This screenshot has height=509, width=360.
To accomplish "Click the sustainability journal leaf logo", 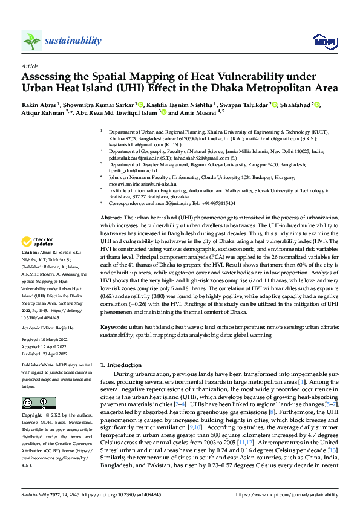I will pyautogui.click(x=31, y=41).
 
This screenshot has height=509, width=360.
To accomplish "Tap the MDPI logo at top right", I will pyautogui.click(x=322, y=41).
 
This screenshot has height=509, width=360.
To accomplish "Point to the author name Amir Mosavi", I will pyautogui.click(x=191, y=112).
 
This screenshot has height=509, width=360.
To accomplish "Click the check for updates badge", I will pyautogui.click(x=41, y=242).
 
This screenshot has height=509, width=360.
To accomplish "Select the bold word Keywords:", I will pyautogui.click(x=115, y=327).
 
